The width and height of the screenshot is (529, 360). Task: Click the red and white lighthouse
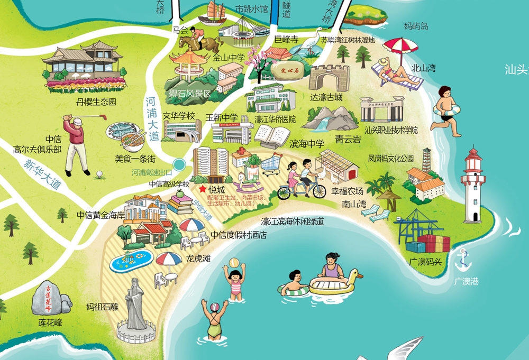473,185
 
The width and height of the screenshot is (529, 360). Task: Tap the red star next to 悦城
202,188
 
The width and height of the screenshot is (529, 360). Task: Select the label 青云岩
348,140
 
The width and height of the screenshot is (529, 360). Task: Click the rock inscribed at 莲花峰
50,299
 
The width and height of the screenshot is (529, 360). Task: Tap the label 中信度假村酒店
238,235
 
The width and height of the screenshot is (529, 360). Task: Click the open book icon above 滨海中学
271,136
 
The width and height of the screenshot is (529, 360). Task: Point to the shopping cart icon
270,163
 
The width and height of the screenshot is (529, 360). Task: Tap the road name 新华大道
42,176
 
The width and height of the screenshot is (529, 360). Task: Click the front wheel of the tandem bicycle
318,191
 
